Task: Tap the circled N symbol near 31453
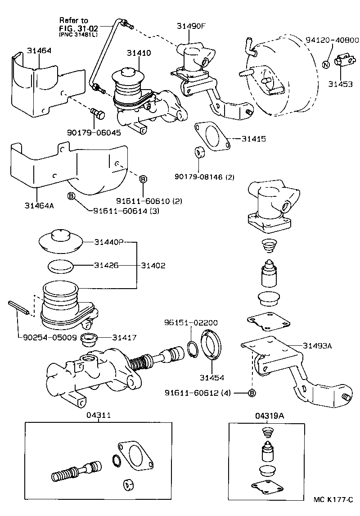326,65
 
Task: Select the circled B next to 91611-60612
252,393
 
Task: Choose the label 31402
153,266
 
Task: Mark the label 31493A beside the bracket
317,346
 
